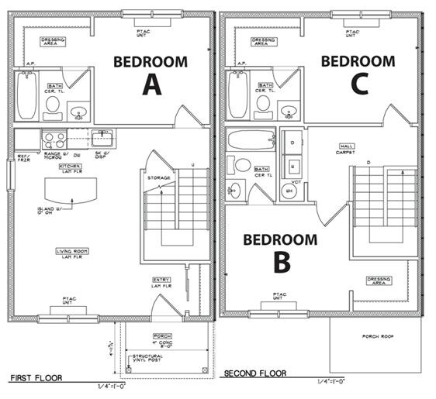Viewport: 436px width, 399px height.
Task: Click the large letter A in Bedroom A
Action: click(151, 84)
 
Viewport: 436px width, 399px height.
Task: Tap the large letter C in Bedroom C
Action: click(358, 84)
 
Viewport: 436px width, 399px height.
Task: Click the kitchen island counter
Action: click(71, 188)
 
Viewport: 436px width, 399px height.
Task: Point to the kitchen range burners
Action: click(53, 139)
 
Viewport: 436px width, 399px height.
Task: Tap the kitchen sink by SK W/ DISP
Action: click(102, 139)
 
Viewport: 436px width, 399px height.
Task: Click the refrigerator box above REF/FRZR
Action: click(26, 139)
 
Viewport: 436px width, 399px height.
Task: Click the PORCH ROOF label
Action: click(377, 336)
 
